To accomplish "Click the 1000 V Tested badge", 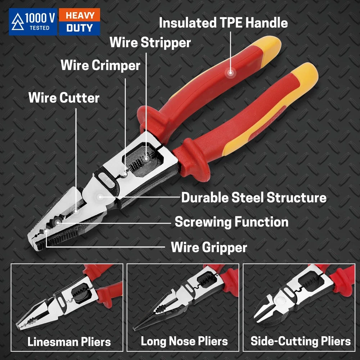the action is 33,22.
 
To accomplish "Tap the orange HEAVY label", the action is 80,15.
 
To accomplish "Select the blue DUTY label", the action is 80,28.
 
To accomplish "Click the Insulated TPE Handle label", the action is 223,23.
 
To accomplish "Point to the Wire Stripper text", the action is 150,43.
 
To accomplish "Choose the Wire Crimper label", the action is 100,66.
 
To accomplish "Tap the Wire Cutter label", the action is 64,98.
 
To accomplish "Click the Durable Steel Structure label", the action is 254,197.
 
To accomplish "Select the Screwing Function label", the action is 231,222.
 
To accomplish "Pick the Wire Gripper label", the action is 209,248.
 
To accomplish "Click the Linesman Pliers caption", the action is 69,342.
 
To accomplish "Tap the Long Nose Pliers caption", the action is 184,341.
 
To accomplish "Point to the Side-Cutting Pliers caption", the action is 301,341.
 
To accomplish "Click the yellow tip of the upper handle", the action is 271,47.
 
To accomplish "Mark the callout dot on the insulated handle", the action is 230,73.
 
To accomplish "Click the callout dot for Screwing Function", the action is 57,222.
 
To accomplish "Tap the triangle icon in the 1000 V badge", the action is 18,22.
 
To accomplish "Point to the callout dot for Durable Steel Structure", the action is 100,197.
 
